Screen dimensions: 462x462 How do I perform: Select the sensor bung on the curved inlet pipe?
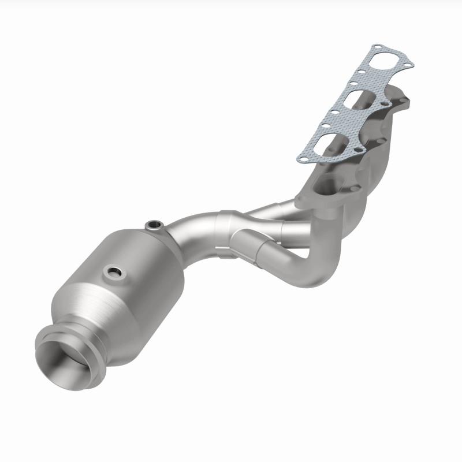point(153,224)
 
